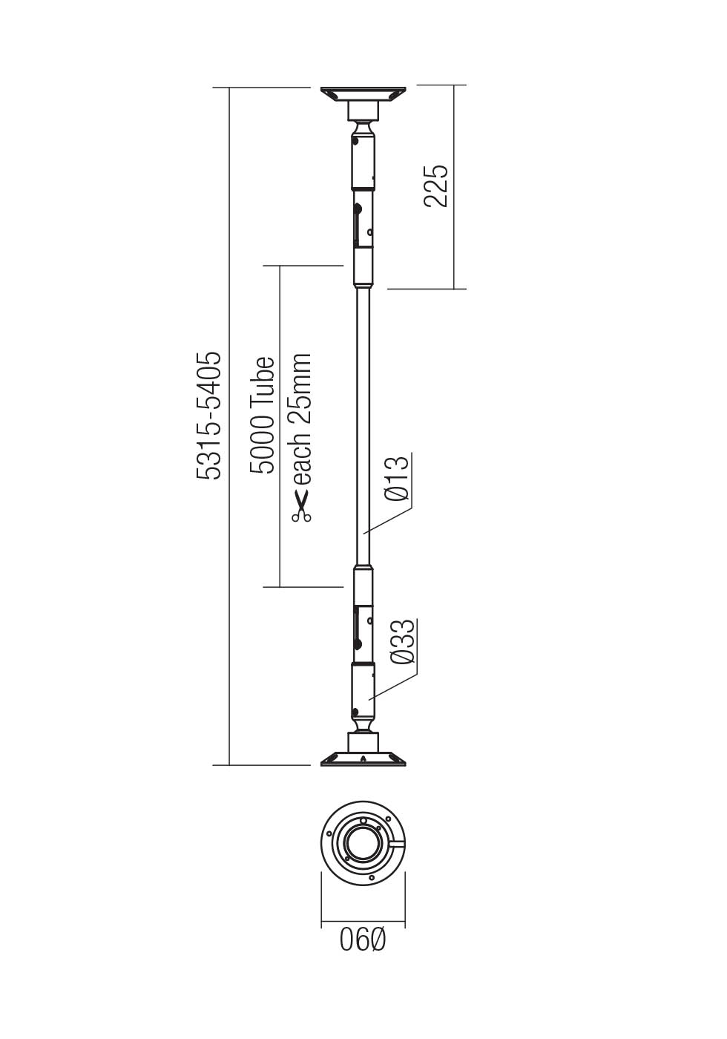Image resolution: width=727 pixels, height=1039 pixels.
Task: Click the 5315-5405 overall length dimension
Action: (x=209, y=416)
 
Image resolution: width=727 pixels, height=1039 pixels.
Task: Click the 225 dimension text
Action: (x=436, y=186)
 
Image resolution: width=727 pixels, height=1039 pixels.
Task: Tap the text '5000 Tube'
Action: (x=263, y=416)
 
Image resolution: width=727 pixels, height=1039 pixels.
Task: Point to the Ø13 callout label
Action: (x=398, y=478)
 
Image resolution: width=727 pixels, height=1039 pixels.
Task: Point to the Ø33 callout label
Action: (x=401, y=643)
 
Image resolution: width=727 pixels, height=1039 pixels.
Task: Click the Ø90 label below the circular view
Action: (x=363, y=940)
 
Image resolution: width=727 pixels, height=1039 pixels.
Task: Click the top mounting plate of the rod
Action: (x=363, y=94)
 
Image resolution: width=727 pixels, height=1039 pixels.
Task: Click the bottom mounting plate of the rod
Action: (x=363, y=759)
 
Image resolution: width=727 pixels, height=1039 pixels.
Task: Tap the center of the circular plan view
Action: (x=363, y=844)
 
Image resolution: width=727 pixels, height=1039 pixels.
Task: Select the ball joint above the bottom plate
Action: (x=363, y=724)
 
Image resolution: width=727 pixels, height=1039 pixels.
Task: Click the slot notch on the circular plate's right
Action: (x=397, y=845)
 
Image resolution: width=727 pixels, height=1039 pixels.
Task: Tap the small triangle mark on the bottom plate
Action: (x=363, y=758)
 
